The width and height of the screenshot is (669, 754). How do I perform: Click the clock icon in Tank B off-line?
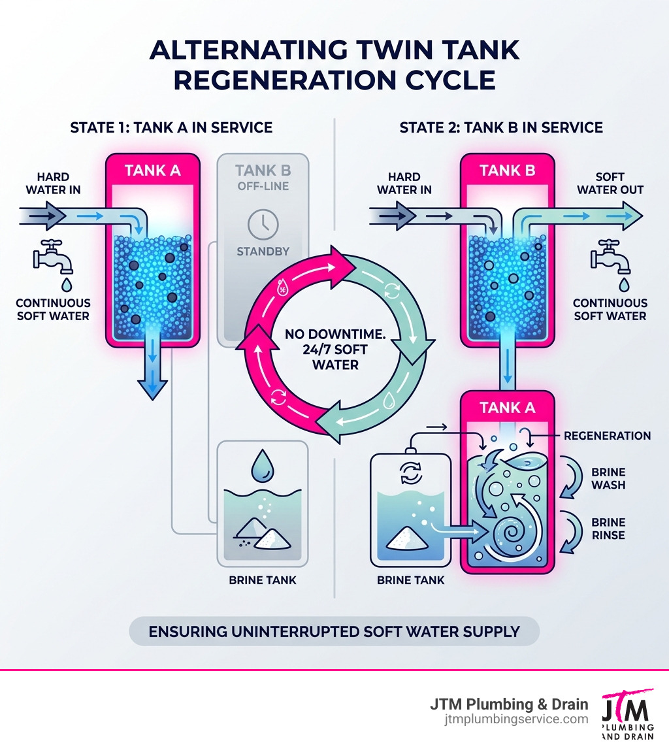pos(263,225)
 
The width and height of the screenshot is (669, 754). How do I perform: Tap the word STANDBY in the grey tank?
pos(263,251)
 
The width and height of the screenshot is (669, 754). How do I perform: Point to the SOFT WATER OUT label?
pos(610,183)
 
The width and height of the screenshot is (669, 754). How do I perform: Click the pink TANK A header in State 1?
pos(152,171)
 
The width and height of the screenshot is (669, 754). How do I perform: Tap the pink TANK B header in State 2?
pos(507,171)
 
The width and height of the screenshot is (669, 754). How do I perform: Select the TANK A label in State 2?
pos(507,408)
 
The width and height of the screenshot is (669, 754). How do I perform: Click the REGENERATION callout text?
pos(607,436)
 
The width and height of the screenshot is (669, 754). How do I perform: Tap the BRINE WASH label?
pos(608,478)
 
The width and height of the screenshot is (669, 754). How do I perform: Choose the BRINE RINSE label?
pos(608,529)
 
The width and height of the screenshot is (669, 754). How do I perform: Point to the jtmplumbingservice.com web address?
pos(515,719)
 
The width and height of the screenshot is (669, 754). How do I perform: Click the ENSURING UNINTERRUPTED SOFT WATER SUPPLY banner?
pos(334,632)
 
